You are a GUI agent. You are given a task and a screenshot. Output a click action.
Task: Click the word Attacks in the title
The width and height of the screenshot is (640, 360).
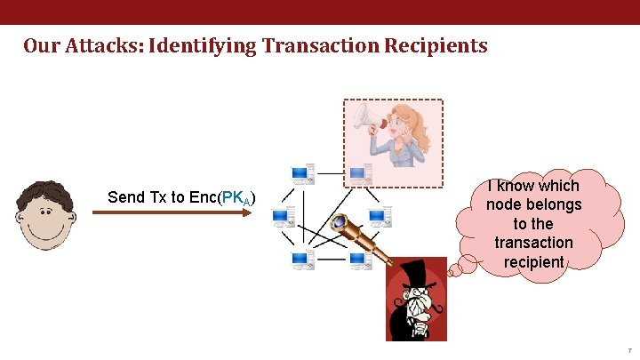102,45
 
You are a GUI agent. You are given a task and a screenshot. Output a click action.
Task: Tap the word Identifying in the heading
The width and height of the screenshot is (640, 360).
201,45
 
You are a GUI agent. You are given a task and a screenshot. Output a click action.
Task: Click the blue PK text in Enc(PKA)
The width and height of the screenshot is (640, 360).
234,197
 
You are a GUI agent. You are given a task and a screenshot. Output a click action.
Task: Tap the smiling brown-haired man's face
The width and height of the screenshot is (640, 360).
41,220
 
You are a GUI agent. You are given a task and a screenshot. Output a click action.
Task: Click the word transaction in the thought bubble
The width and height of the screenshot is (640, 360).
533,243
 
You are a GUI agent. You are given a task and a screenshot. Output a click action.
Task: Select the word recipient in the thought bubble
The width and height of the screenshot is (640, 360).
533,261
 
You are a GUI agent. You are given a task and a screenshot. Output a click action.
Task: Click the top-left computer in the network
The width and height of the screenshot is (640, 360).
303,174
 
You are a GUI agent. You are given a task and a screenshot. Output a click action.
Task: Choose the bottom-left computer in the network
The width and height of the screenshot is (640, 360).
303,260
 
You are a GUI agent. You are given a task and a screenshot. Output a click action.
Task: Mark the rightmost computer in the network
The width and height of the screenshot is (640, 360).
380,216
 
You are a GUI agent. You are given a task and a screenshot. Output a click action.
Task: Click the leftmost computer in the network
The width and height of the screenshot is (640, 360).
284,216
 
